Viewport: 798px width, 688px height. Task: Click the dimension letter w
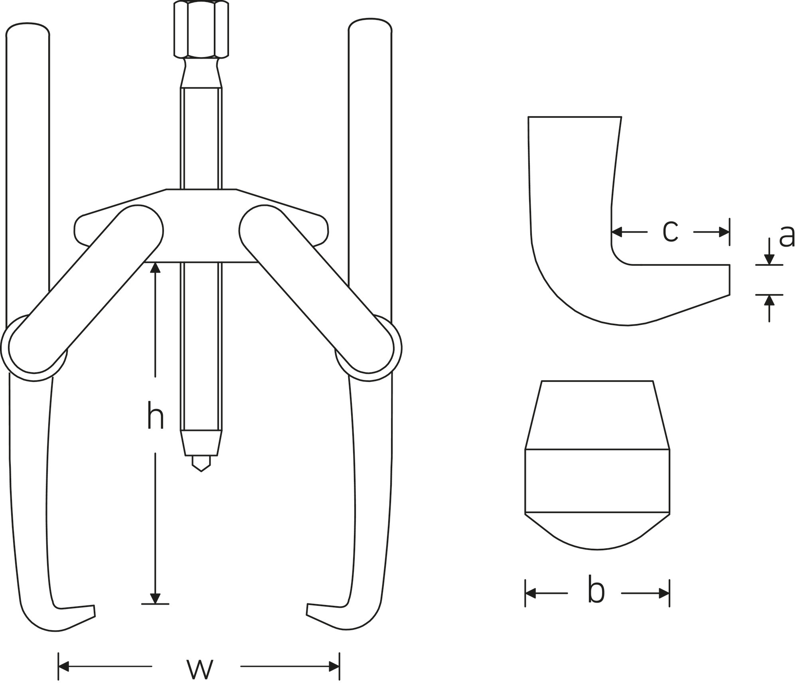click(200, 669)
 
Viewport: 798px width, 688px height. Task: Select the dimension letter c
click(670, 231)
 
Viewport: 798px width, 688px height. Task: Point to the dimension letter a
click(787, 237)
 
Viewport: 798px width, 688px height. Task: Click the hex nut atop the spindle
click(201, 29)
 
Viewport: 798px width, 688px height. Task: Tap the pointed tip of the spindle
click(201, 471)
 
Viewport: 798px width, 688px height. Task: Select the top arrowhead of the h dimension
click(155, 267)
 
